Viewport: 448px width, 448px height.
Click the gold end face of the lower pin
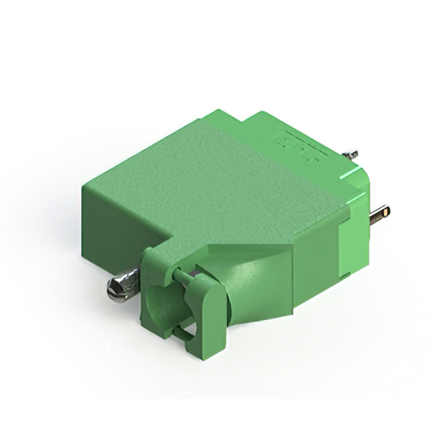386,210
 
